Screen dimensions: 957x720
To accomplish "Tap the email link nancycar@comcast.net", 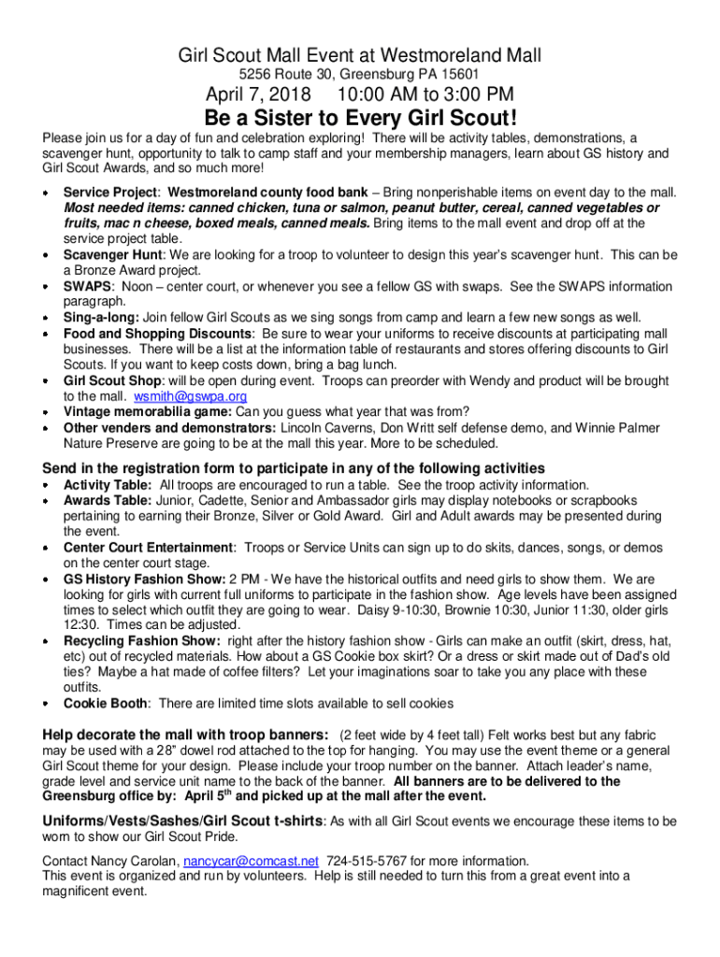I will pos(252,861).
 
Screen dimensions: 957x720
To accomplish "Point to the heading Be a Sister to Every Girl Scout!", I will pos(360,120).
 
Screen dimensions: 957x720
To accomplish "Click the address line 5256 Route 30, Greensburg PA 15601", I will pos(360,74).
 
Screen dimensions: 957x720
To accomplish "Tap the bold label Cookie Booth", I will pos(105,703).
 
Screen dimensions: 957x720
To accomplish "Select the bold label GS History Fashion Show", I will pos(144,579).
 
